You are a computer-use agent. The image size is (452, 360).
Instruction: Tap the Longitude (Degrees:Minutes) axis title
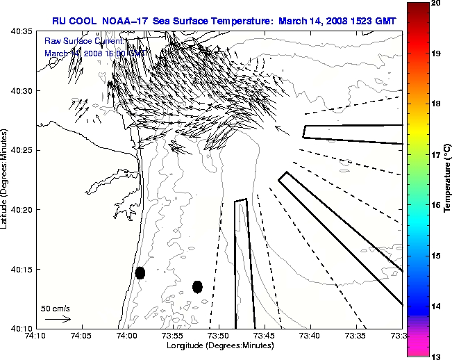click(219, 346)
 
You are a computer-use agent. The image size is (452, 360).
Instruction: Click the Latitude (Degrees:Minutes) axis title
click(6, 179)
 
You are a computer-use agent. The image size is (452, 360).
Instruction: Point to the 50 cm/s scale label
click(56, 308)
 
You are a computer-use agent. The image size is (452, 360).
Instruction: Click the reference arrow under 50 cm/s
click(58, 320)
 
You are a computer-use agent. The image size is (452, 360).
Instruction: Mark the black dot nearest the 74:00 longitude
click(140, 272)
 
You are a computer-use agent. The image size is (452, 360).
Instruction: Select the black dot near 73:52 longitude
click(197, 286)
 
